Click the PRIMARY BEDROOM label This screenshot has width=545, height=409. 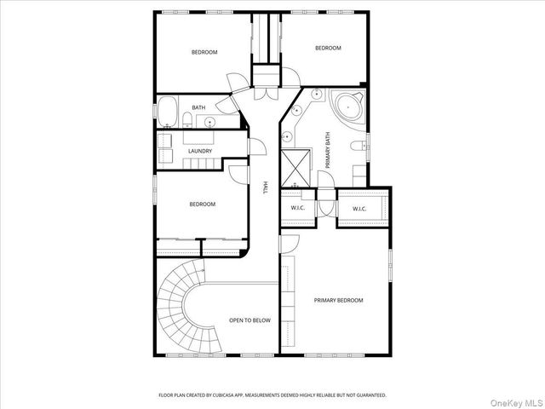point(338,300)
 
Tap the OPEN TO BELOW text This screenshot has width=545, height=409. point(250,320)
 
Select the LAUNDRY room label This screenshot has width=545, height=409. point(200,151)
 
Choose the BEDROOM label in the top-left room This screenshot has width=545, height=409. point(204,53)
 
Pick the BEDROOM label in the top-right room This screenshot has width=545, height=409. point(328,49)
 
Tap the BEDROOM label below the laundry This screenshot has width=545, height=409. point(202,204)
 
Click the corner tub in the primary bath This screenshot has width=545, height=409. point(347,107)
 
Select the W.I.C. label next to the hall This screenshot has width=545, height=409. point(297,208)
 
